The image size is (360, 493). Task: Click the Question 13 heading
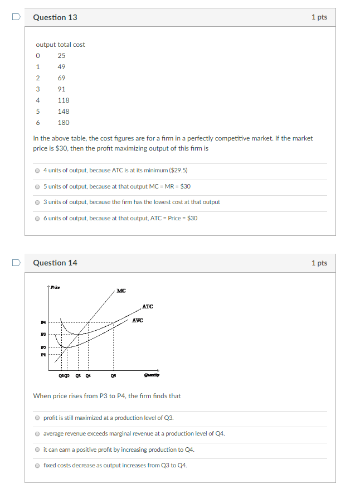pyautogui.click(x=55, y=17)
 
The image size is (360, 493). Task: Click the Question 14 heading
pyautogui.click(x=55, y=263)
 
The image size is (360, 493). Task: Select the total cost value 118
pyautogui.click(x=64, y=100)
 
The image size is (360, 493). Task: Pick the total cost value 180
pyautogui.click(x=64, y=123)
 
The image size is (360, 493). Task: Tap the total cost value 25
pyautogui.click(x=61, y=56)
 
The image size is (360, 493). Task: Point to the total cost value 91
pyautogui.click(x=61, y=89)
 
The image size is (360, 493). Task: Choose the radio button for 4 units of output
pyautogui.click(x=37, y=170)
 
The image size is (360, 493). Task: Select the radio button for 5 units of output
pyautogui.click(x=37, y=186)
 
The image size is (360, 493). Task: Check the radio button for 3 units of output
pyautogui.click(x=37, y=202)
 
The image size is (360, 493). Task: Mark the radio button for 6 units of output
pyautogui.click(x=37, y=218)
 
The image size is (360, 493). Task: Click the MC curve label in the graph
pyautogui.click(x=121, y=291)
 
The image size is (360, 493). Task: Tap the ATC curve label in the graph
pyautogui.click(x=148, y=307)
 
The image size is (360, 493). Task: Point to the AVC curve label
pyautogui.click(x=138, y=320)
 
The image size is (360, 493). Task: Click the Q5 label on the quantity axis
pyautogui.click(x=114, y=375)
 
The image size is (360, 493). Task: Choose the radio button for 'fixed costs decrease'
pyautogui.click(x=37, y=465)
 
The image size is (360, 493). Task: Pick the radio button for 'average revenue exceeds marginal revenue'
pyautogui.click(x=37, y=433)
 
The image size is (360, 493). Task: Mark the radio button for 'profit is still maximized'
pyautogui.click(x=37, y=418)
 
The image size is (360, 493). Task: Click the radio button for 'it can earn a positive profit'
pyautogui.click(x=37, y=449)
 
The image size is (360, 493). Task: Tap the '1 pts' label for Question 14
pyautogui.click(x=319, y=263)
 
